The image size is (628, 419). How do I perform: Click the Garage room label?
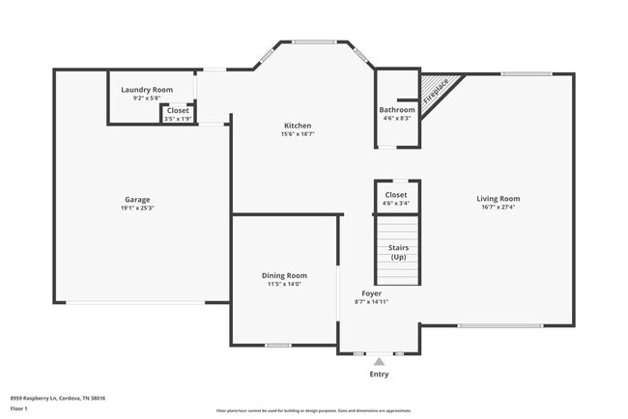(x=136, y=200)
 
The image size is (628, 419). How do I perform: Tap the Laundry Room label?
(x=147, y=90)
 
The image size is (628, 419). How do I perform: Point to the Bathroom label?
(x=397, y=110)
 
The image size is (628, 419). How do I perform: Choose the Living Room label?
(x=498, y=199)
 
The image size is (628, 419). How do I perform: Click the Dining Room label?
(x=284, y=276)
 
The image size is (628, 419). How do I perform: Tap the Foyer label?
(x=372, y=293)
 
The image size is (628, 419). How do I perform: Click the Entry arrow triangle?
(x=379, y=361)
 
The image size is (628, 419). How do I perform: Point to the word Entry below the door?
(x=380, y=374)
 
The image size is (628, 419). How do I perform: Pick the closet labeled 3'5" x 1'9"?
(x=178, y=114)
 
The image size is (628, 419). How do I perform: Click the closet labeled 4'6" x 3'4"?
(x=396, y=199)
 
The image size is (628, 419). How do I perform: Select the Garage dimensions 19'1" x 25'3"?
(x=136, y=209)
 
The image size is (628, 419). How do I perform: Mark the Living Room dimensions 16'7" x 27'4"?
(x=498, y=208)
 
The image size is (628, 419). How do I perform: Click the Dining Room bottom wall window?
(x=278, y=346)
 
